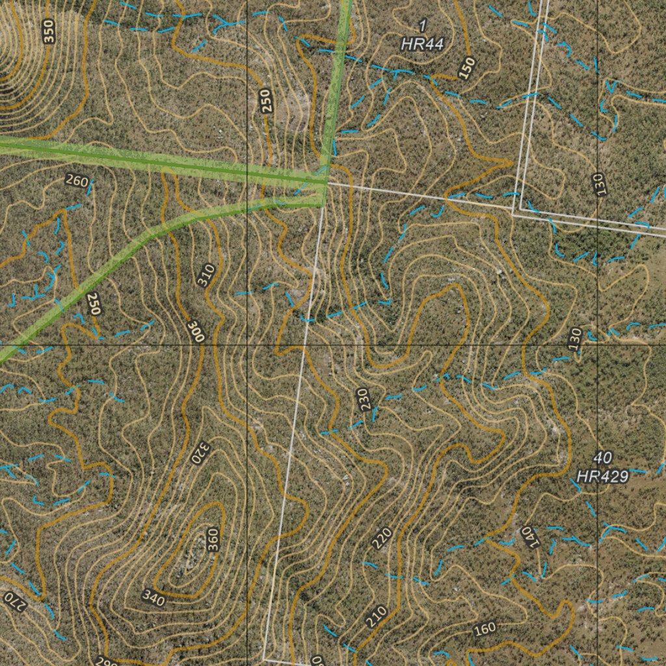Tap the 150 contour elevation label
point(466,68)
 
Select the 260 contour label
point(77,181)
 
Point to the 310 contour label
point(206,276)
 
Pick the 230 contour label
point(366,399)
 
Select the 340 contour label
point(154,597)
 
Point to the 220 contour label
point(382,538)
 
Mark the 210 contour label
point(376,617)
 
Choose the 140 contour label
point(527,537)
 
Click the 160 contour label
point(485,630)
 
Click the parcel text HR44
point(422,44)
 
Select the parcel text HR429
point(603,477)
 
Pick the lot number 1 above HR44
point(423,26)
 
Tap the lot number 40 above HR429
point(603,458)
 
